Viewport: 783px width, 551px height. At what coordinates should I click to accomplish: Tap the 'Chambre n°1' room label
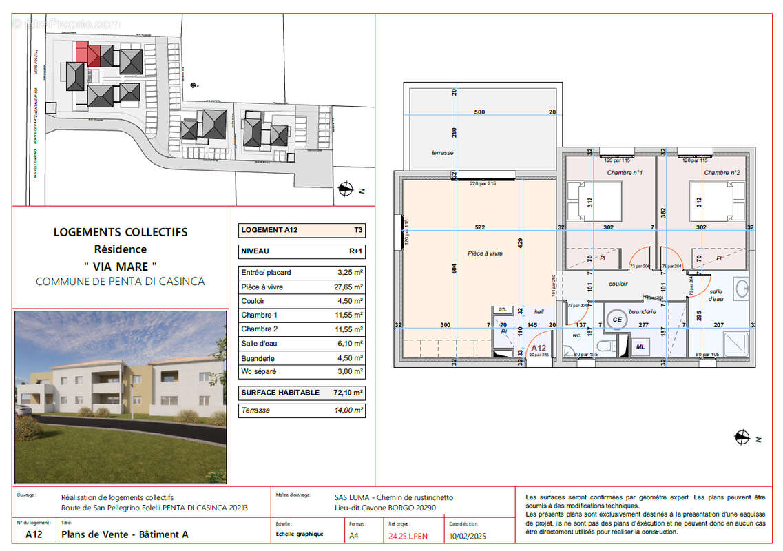pyautogui.click(x=625, y=173)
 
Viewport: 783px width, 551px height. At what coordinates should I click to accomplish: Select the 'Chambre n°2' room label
pyautogui.click(x=722, y=173)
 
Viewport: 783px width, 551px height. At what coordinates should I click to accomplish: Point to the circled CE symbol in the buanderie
pyautogui.click(x=617, y=320)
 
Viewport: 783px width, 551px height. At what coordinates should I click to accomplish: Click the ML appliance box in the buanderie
pyautogui.click(x=640, y=346)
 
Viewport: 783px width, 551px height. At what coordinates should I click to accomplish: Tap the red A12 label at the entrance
pyautogui.click(x=539, y=348)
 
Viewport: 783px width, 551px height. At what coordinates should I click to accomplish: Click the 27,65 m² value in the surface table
pyautogui.click(x=349, y=287)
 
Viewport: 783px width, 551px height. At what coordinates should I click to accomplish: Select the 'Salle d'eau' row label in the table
pyautogui.click(x=260, y=344)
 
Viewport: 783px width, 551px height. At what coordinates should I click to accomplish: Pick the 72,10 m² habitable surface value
pyautogui.click(x=348, y=393)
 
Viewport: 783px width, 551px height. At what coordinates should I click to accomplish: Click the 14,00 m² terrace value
pyautogui.click(x=348, y=410)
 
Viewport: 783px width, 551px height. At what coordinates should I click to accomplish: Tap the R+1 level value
pyautogui.click(x=355, y=251)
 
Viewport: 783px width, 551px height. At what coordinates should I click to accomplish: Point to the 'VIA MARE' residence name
pyautogui.click(x=121, y=265)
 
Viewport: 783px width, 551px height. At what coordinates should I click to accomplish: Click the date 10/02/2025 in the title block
pyautogui.click(x=468, y=534)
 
